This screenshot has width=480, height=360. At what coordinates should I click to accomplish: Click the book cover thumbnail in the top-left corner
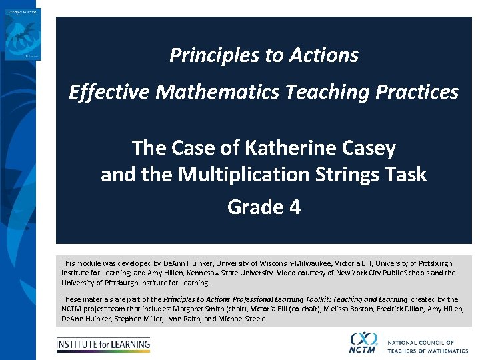coord(23,34)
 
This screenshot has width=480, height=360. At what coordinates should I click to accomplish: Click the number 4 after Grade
coord(294,207)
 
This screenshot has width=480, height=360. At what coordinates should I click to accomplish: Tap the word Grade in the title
coord(255,207)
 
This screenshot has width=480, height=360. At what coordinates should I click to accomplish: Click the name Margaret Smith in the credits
coord(199,309)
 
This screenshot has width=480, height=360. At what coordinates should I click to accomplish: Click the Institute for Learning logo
coord(103,345)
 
